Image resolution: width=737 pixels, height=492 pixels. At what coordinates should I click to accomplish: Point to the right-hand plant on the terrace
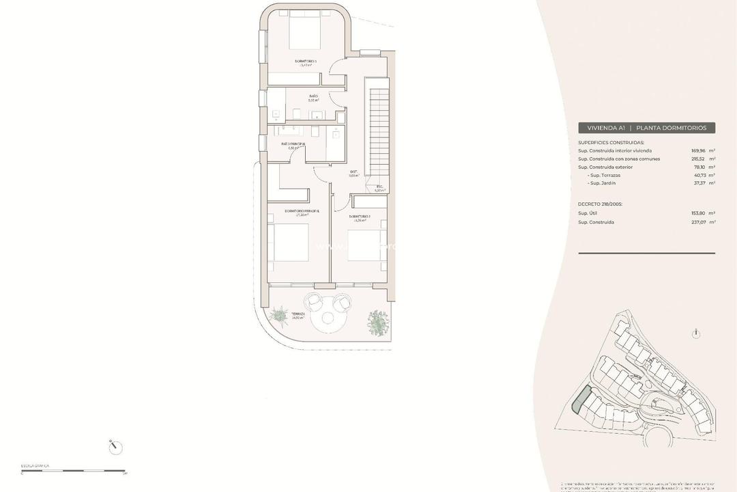pos(377,322)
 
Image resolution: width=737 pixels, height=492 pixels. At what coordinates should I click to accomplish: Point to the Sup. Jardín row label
pos(605,183)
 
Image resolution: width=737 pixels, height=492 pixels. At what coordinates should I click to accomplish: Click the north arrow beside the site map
pos(695,333)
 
